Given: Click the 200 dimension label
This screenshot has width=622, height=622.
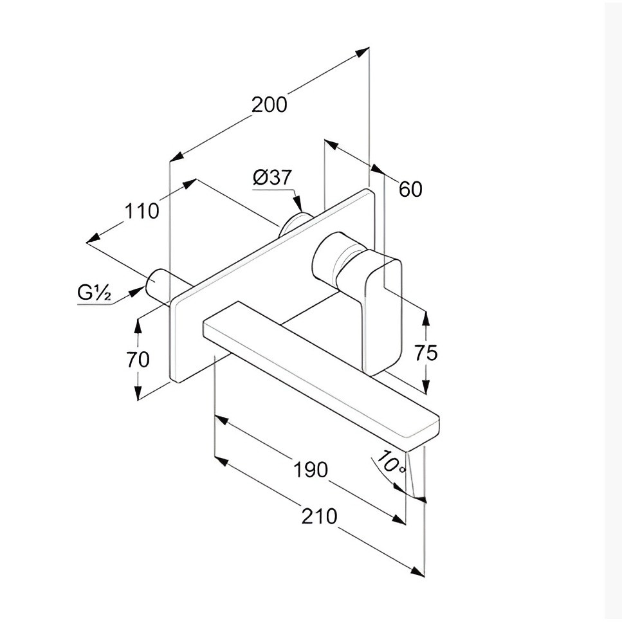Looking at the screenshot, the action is point(269,105).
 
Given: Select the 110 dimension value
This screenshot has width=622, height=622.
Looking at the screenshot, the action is point(142,210).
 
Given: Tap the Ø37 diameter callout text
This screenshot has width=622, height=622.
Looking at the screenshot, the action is point(272,178).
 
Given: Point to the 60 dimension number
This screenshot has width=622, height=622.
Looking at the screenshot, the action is point(410,189).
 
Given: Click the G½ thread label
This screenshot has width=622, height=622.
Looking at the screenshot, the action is point(95,293).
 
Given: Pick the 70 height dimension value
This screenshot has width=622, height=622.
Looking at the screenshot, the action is point(138,360).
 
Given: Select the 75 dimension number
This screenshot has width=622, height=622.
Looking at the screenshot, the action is point(426,352).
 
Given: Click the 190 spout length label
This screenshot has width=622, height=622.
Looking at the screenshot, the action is point(311,470).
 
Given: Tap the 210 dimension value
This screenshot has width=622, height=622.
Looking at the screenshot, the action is point(319,517).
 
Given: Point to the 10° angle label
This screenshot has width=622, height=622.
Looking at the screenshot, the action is point(391,462).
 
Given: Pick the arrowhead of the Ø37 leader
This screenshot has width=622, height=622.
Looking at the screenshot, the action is point(298,204).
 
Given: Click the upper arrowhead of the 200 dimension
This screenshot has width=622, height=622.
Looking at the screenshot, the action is point(361,52).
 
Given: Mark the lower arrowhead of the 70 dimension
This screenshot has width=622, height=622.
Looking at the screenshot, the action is point(138,392).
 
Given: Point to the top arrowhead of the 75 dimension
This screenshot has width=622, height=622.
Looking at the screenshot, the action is point(426,320).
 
